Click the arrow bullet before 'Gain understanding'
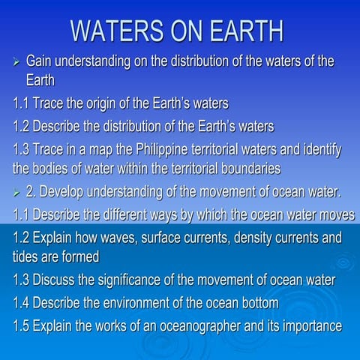pyautogui.click(x=17, y=62)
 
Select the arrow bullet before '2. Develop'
pyautogui.click(x=17, y=194)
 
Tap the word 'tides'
pyautogui.click(x=28, y=256)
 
